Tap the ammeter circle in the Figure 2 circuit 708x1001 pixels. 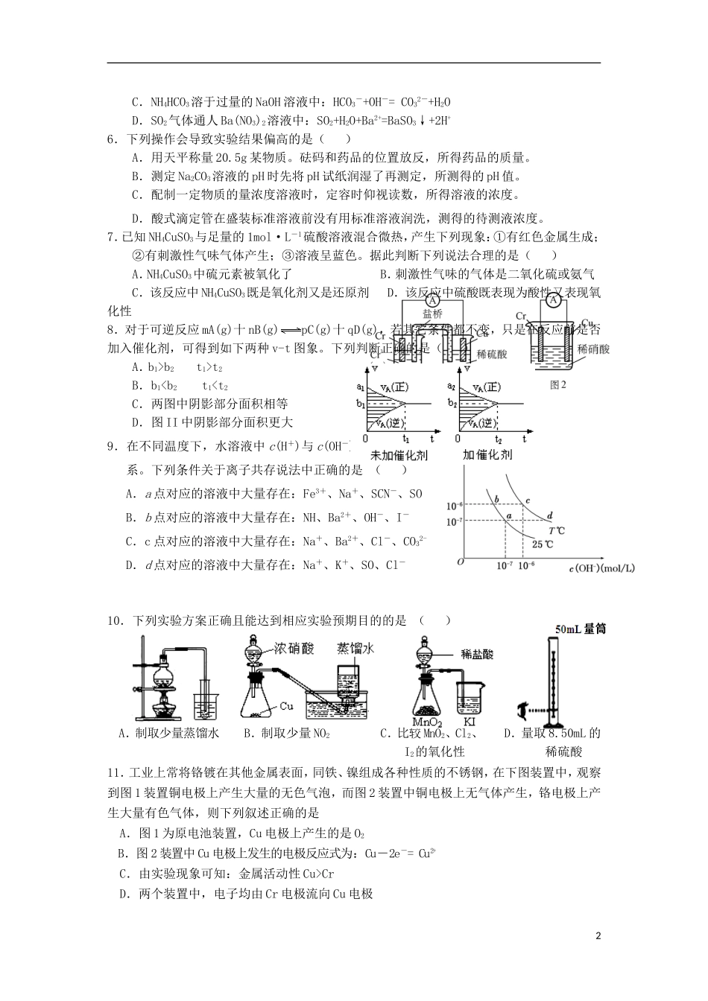pos(552,300)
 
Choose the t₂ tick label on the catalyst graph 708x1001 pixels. pos(499,439)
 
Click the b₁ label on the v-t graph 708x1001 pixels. pos(361,404)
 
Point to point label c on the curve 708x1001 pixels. pos(528,500)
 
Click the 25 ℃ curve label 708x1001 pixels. pos(542,544)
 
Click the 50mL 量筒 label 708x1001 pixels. pos(580,629)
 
